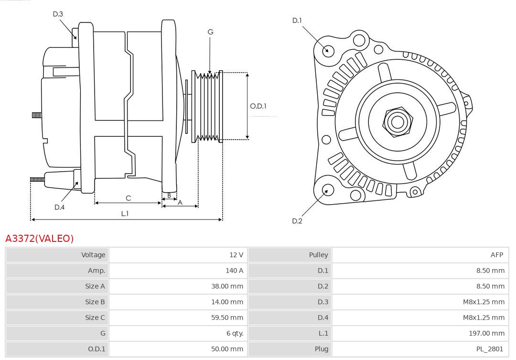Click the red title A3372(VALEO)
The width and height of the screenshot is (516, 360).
40,239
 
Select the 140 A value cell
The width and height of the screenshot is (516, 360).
234,271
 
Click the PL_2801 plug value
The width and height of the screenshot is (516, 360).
490,349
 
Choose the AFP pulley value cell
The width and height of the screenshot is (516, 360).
496,255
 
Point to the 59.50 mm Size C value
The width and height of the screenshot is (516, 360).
227,317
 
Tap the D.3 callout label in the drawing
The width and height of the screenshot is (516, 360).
58,14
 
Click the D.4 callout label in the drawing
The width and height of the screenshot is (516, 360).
59,207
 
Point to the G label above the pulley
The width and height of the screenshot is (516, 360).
210,32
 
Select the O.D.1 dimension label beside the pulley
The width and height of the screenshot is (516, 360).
258,106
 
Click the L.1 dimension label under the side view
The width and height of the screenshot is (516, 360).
125,214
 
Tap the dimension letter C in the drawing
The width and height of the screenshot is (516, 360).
128,198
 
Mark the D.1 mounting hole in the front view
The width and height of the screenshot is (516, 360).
328,50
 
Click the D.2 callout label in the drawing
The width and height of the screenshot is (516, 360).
297,221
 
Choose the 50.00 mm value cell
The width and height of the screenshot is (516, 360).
227,349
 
